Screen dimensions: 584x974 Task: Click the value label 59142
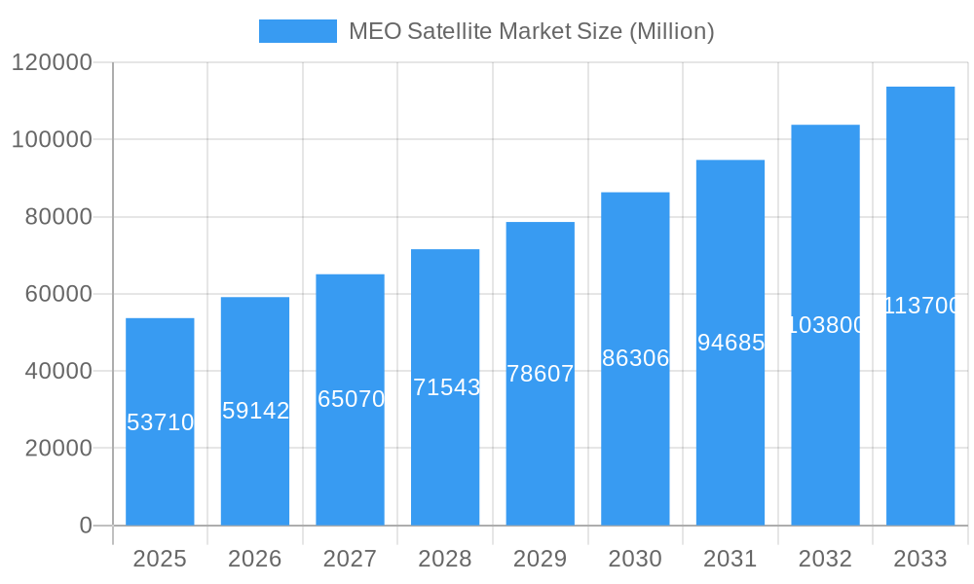255,411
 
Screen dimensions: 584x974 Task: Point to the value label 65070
351,399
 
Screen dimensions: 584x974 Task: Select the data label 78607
541,374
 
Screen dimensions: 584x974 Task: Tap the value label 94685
730,343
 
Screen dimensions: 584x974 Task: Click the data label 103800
825,325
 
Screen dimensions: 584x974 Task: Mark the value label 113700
920,306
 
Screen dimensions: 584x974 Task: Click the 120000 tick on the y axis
51,63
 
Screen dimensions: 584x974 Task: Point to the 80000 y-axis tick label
57,217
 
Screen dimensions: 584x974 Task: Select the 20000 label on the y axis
57,449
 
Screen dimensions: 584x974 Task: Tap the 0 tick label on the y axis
85,526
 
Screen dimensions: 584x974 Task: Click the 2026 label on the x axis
255,559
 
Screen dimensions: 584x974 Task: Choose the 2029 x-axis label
541,559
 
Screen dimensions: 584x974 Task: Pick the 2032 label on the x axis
825,559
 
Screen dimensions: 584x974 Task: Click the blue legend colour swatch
297,31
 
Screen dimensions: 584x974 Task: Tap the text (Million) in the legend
671,31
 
